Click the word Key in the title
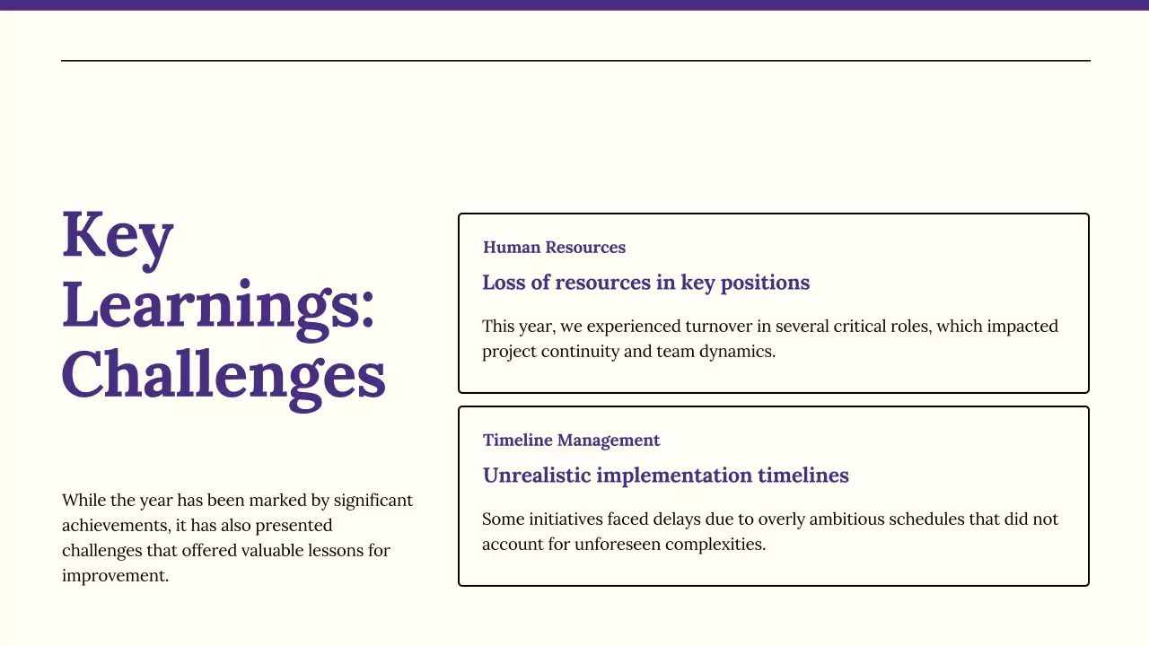[118, 235]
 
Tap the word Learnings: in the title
[218, 305]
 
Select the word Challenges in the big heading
[224, 374]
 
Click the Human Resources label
[554, 248]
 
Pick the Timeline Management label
[571, 441]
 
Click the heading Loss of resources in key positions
[645, 283]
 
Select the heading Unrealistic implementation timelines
[665, 476]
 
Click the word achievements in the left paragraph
[112, 526]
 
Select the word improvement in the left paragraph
[115, 576]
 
